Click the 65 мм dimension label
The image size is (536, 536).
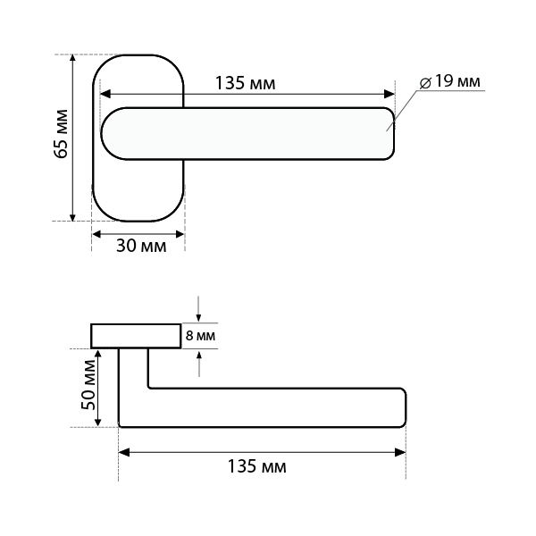(61, 134)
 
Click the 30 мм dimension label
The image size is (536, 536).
(141, 246)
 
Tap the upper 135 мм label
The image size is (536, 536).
(245, 83)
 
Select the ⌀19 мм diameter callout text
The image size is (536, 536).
(450, 81)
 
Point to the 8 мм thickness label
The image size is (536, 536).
(200, 336)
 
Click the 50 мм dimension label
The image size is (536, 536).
(88, 385)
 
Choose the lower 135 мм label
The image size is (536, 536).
(256, 466)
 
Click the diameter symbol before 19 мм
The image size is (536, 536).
(425, 83)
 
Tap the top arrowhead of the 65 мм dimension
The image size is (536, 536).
(72, 59)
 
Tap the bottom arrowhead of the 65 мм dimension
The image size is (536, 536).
(72, 216)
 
